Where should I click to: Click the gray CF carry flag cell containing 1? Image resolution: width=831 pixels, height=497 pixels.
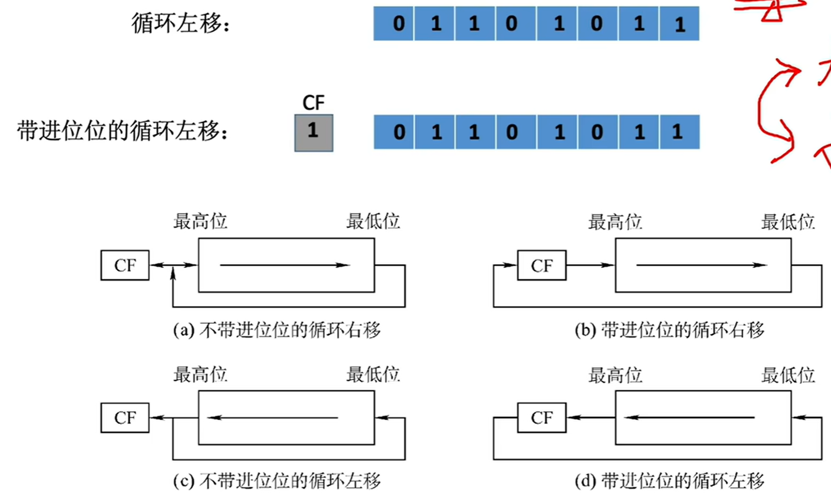(x=314, y=133)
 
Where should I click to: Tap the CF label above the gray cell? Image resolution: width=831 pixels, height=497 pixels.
(x=314, y=103)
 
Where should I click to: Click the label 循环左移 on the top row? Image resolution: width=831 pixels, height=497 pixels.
(x=181, y=23)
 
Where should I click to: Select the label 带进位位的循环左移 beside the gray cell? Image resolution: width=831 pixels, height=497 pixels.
(x=122, y=131)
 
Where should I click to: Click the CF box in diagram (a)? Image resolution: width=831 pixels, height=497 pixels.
(x=125, y=266)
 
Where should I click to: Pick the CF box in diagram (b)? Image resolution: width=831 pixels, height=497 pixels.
(x=542, y=266)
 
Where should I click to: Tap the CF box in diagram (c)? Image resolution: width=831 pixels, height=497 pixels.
(x=125, y=418)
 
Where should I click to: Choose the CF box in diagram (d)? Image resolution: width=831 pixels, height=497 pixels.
(x=542, y=418)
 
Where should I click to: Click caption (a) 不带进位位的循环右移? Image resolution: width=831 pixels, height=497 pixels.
(x=277, y=330)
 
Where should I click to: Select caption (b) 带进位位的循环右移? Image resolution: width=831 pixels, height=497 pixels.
(x=669, y=330)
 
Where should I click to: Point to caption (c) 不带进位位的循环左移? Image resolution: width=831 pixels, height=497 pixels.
(x=277, y=481)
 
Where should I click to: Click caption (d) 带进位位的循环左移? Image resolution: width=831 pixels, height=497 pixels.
(x=669, y=481)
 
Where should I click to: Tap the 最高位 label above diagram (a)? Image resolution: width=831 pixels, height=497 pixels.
(x=200, y=221)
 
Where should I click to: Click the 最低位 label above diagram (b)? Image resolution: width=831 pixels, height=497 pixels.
(x=788, y=222)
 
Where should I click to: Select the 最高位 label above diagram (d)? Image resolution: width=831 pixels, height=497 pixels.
(x=615, y=375)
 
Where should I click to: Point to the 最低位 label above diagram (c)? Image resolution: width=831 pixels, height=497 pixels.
(x=373, y=375)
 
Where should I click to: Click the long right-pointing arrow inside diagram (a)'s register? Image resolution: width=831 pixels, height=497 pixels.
(x=285, y=265)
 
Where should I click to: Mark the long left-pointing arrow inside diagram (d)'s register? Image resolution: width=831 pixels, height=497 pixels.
(x=689, y=418)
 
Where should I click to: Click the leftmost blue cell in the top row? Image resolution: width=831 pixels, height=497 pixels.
(x=394, y=23)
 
